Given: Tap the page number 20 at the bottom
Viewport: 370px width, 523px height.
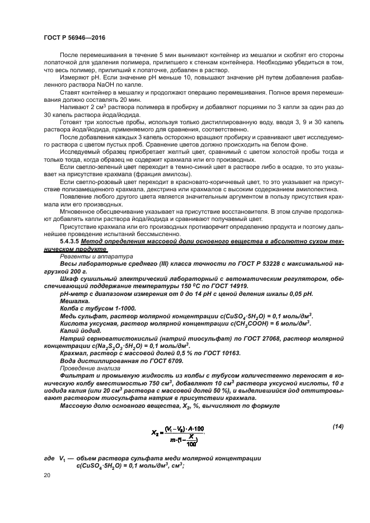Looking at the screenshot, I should point(47,475).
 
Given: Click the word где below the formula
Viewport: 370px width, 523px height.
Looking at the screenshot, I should point(49,458).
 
